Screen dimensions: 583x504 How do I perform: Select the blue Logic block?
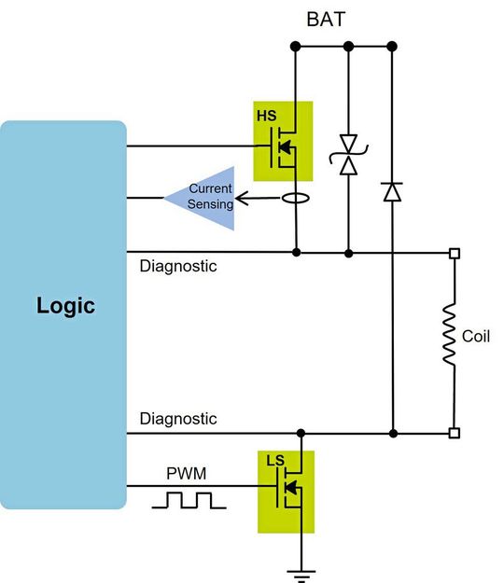tap(64, 314)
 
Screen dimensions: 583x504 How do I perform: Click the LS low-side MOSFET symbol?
tap(286, 491)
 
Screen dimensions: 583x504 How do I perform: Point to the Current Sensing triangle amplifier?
tap(202, 197)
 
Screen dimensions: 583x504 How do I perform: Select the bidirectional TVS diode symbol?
tap(349, 155)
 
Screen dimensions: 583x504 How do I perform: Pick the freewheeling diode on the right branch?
tap(392, 192)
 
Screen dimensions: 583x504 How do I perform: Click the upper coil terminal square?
tap(454, 253)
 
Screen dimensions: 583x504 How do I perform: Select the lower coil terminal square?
tap(454, 433)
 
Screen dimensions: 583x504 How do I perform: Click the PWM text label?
tap(184, 473)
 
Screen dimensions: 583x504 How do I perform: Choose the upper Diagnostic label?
tap(178, 267)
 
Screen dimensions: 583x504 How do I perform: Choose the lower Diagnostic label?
tap(178, 419)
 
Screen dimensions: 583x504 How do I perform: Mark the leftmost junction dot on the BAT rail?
tap(295, 45)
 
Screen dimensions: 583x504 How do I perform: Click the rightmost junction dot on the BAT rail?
tap(392, 45)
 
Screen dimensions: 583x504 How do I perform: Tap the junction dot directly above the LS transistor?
tap(301, 433)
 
